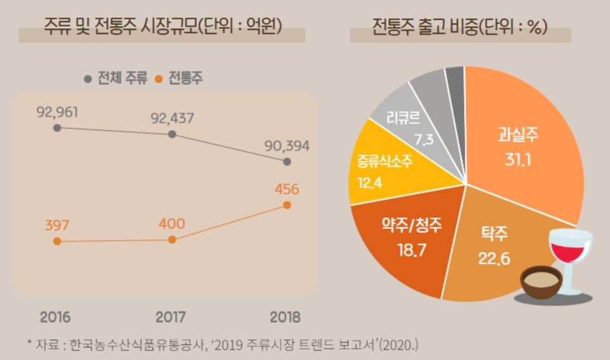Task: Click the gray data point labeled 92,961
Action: (57, 128)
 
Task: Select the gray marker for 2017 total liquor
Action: (172, 135)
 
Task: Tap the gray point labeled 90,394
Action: (287, 162)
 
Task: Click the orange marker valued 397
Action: (57, 241)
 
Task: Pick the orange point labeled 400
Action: (172, 239)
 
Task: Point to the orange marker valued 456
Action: (287, 204)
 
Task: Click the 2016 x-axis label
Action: (55, 317)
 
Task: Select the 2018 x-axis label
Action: (284, 317)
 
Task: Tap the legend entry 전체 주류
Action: (116, 79)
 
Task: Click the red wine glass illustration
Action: (569, 251)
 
